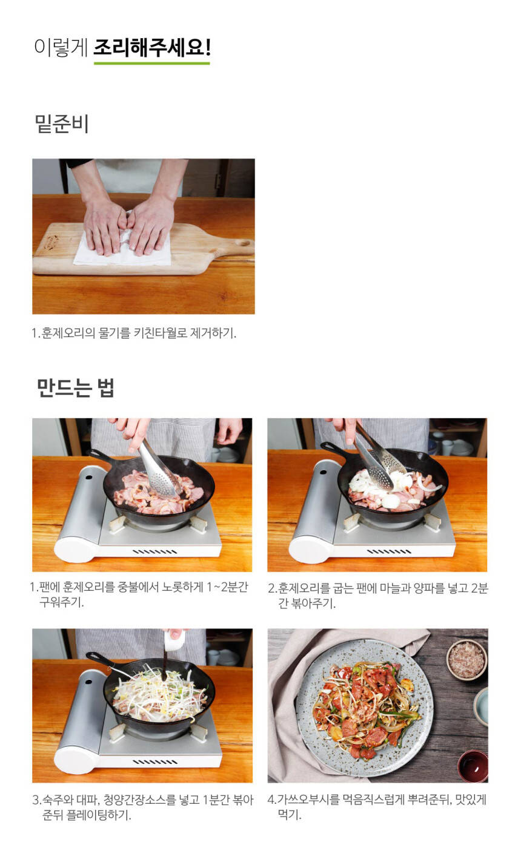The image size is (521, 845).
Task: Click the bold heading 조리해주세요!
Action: point(152,48)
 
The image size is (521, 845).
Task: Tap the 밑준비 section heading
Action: point(62,123)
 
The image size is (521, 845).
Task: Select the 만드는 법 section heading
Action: point(75,387)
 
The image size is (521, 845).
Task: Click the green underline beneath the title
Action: point(152,63)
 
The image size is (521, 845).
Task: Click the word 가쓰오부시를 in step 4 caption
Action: point(308,800)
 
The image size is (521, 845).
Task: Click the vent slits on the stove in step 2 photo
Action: point(390,552)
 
